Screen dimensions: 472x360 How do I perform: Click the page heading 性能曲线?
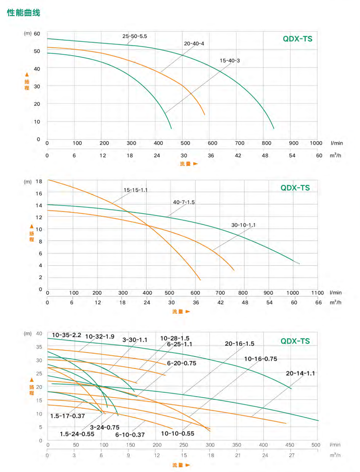point(24,13)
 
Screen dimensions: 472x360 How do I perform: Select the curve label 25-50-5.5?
point(135,36)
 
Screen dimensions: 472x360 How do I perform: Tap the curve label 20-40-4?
point(194,44)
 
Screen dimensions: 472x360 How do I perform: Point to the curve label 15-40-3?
point(230,61)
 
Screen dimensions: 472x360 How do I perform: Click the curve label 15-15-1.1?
point(136,190)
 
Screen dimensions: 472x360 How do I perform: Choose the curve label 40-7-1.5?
point(184,202)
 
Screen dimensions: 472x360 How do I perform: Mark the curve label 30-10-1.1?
point(243,225)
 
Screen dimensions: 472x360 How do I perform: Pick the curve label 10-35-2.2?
point(66,335)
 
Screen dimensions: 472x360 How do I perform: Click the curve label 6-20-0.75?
point(181,363)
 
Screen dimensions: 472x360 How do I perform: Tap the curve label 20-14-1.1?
point(300,373)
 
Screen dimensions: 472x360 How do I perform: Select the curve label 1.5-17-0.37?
point(67,416)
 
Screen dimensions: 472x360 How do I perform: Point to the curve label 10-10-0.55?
point(177,434)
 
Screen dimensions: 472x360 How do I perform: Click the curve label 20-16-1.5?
point(239,344)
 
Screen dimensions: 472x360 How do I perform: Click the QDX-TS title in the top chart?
point(297,39)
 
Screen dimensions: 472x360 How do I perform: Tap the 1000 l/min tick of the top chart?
point(316,143)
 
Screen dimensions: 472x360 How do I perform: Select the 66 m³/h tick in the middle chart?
point(318,302)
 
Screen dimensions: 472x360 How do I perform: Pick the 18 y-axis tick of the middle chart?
point(39,182)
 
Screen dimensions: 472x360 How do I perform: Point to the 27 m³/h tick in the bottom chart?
point(292,455)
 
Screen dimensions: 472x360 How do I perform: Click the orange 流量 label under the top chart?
point(185,164)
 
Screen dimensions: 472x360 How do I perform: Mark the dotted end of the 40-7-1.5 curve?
point(297,263)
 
